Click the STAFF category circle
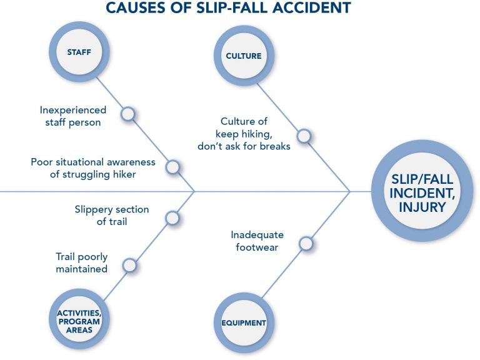click(79, 52)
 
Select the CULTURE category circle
click(243, 56)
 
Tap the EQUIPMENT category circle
click(243, 322)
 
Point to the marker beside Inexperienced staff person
click(127, 114)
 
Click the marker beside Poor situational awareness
click(172, 167)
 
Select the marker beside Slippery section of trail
click(172, 218)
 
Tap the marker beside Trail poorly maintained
click(129, 265)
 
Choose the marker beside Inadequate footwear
click(306, 244)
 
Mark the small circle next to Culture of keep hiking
click(304, 136)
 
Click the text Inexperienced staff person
click(72, 116)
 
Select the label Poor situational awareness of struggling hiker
click(93, 168)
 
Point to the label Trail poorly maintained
click(81, 262)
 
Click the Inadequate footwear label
click(257, 241)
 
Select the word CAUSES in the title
click(134, 8)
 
